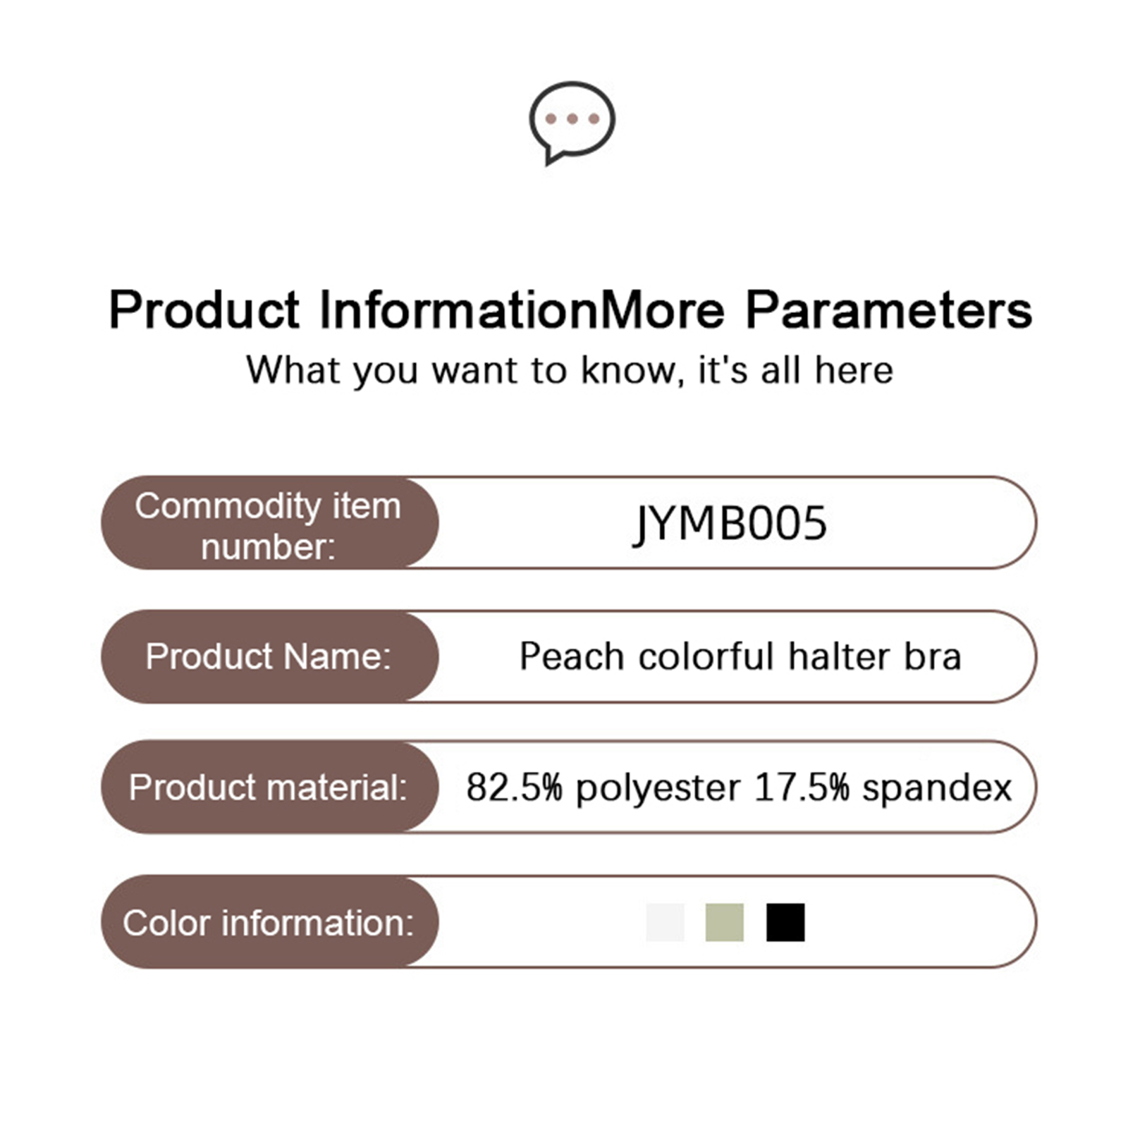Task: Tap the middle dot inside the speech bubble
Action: pyautogui.click(x=572, y=118)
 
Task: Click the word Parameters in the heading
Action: pyautogui.click(x=889, y=309)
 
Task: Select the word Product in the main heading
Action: pyautogui.click(x=204, y=309)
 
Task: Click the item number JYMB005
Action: pyautogui.click(x=730, y=523)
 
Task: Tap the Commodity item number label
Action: pyautogui.click(x=268, y=526)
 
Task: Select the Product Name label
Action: pyautogui.click(x=268, y=656)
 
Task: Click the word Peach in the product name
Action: pyautogui.click(x=572, y=656)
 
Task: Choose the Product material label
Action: pyautogui.click(x=268, y=787)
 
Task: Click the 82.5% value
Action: pyautogui.click(x=515, y=787)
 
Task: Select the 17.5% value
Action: pyautogui.click(x=802, y=787)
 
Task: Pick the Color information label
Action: pyautogui.click(x=268, y=923)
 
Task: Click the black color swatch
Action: pyautogui.click(x=785, y=922)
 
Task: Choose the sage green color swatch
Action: pyautogui.click(x=725, y=922)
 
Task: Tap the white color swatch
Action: pyautogui.click(x=666, y=922)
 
